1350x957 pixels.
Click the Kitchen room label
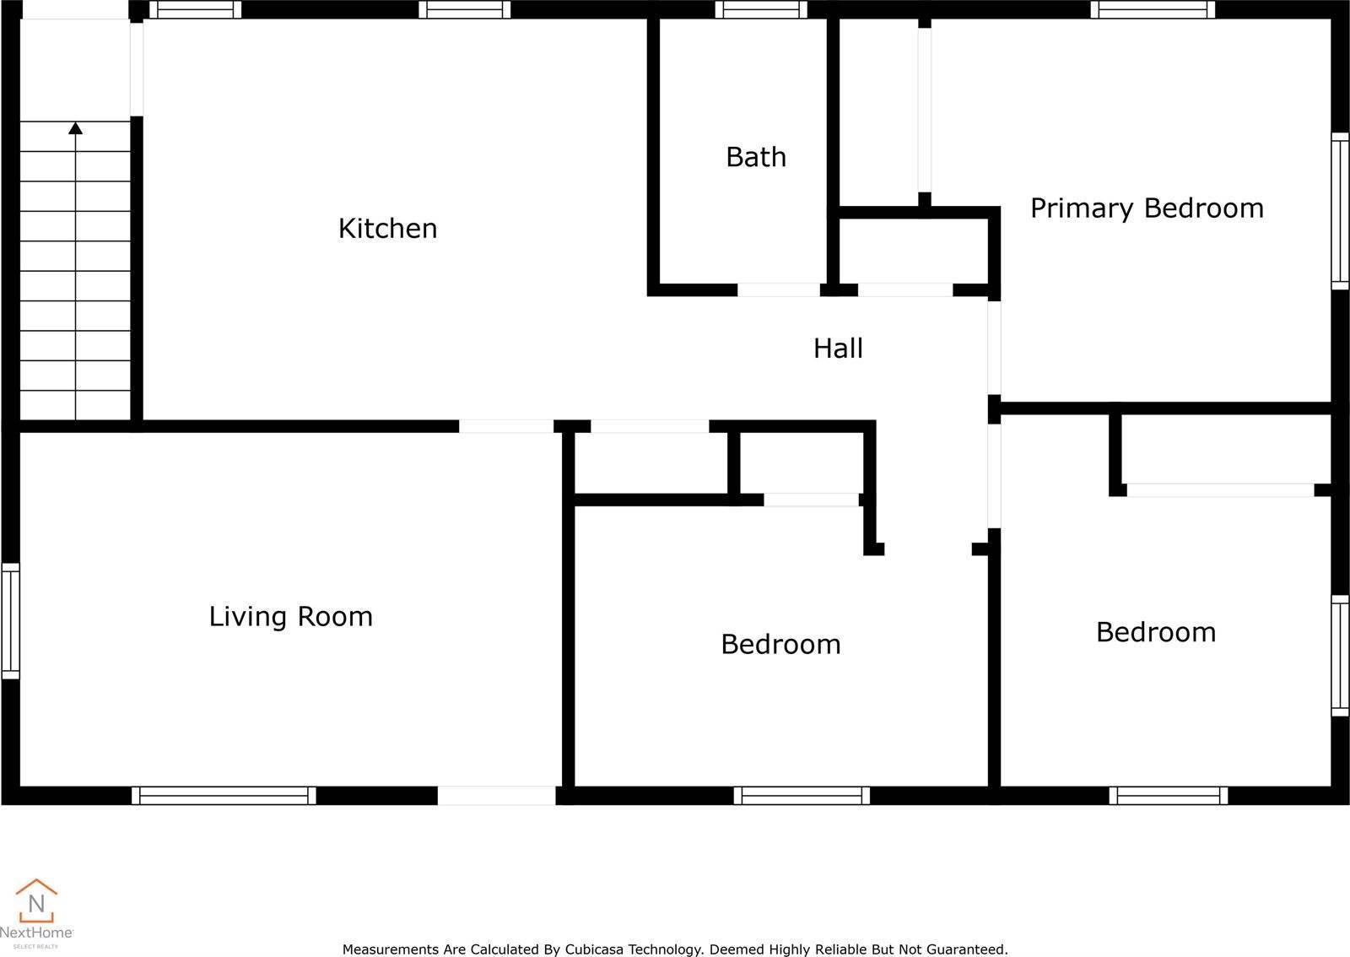tap(387, 229)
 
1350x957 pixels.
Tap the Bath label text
tap(756, 157)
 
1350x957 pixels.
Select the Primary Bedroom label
tap(1147, 208)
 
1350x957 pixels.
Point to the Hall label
tap(838, 349)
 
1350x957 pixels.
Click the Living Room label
tap(290, 617)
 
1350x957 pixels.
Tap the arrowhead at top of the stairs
tap(75, 127)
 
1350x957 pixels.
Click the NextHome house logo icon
tap(36, 900)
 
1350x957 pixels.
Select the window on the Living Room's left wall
tap(10, 621)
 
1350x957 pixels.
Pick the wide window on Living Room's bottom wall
tap(224, 796)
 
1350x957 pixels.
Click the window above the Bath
tap(760, 9)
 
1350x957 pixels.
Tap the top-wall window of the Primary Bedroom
tap(1153, 9)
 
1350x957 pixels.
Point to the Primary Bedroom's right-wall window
tap(1340, 211)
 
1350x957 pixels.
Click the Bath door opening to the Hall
tap(779, 289)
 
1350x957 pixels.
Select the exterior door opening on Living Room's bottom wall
tap(497, 796)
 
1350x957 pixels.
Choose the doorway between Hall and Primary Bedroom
tap(995, 349)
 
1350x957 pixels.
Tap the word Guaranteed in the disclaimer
tap(969, 949)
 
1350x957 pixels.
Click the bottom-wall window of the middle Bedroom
tap(802, 796)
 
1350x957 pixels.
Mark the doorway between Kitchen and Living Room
tap(506, 426)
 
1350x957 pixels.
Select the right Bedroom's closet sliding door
tap(1220, 490)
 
